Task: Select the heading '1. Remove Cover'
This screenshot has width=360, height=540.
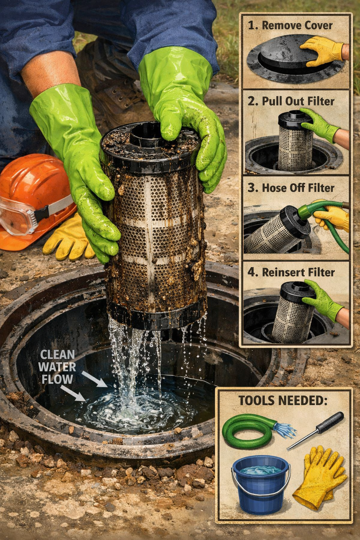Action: (x=290, y=25)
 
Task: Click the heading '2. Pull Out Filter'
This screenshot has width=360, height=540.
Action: (x=291, y=101)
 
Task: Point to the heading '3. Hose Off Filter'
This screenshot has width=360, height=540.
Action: (x=291, y=188)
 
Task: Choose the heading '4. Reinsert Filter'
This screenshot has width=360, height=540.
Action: (x=291, y=272)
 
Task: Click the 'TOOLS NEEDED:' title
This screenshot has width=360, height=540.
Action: (x=283, y=400)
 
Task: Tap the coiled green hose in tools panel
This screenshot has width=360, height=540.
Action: (x=248, y=431)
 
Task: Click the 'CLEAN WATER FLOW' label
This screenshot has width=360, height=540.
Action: (x=57, y=367)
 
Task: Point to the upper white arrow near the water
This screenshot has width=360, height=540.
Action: (x=95, y=380)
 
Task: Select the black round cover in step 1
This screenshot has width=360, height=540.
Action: (x=281, y=58)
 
